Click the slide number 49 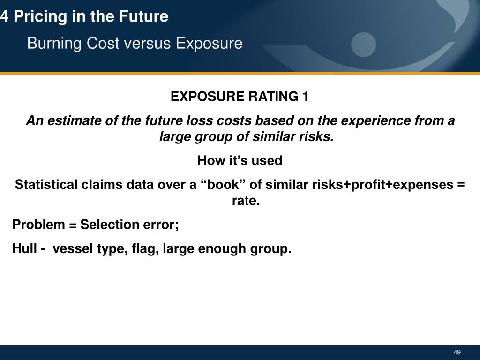(x=457, y=352)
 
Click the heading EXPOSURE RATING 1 (x=240, y=97)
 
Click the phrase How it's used (x=240, y=161)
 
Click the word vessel (x=73, y=248)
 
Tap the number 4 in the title (x=4, y=17)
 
